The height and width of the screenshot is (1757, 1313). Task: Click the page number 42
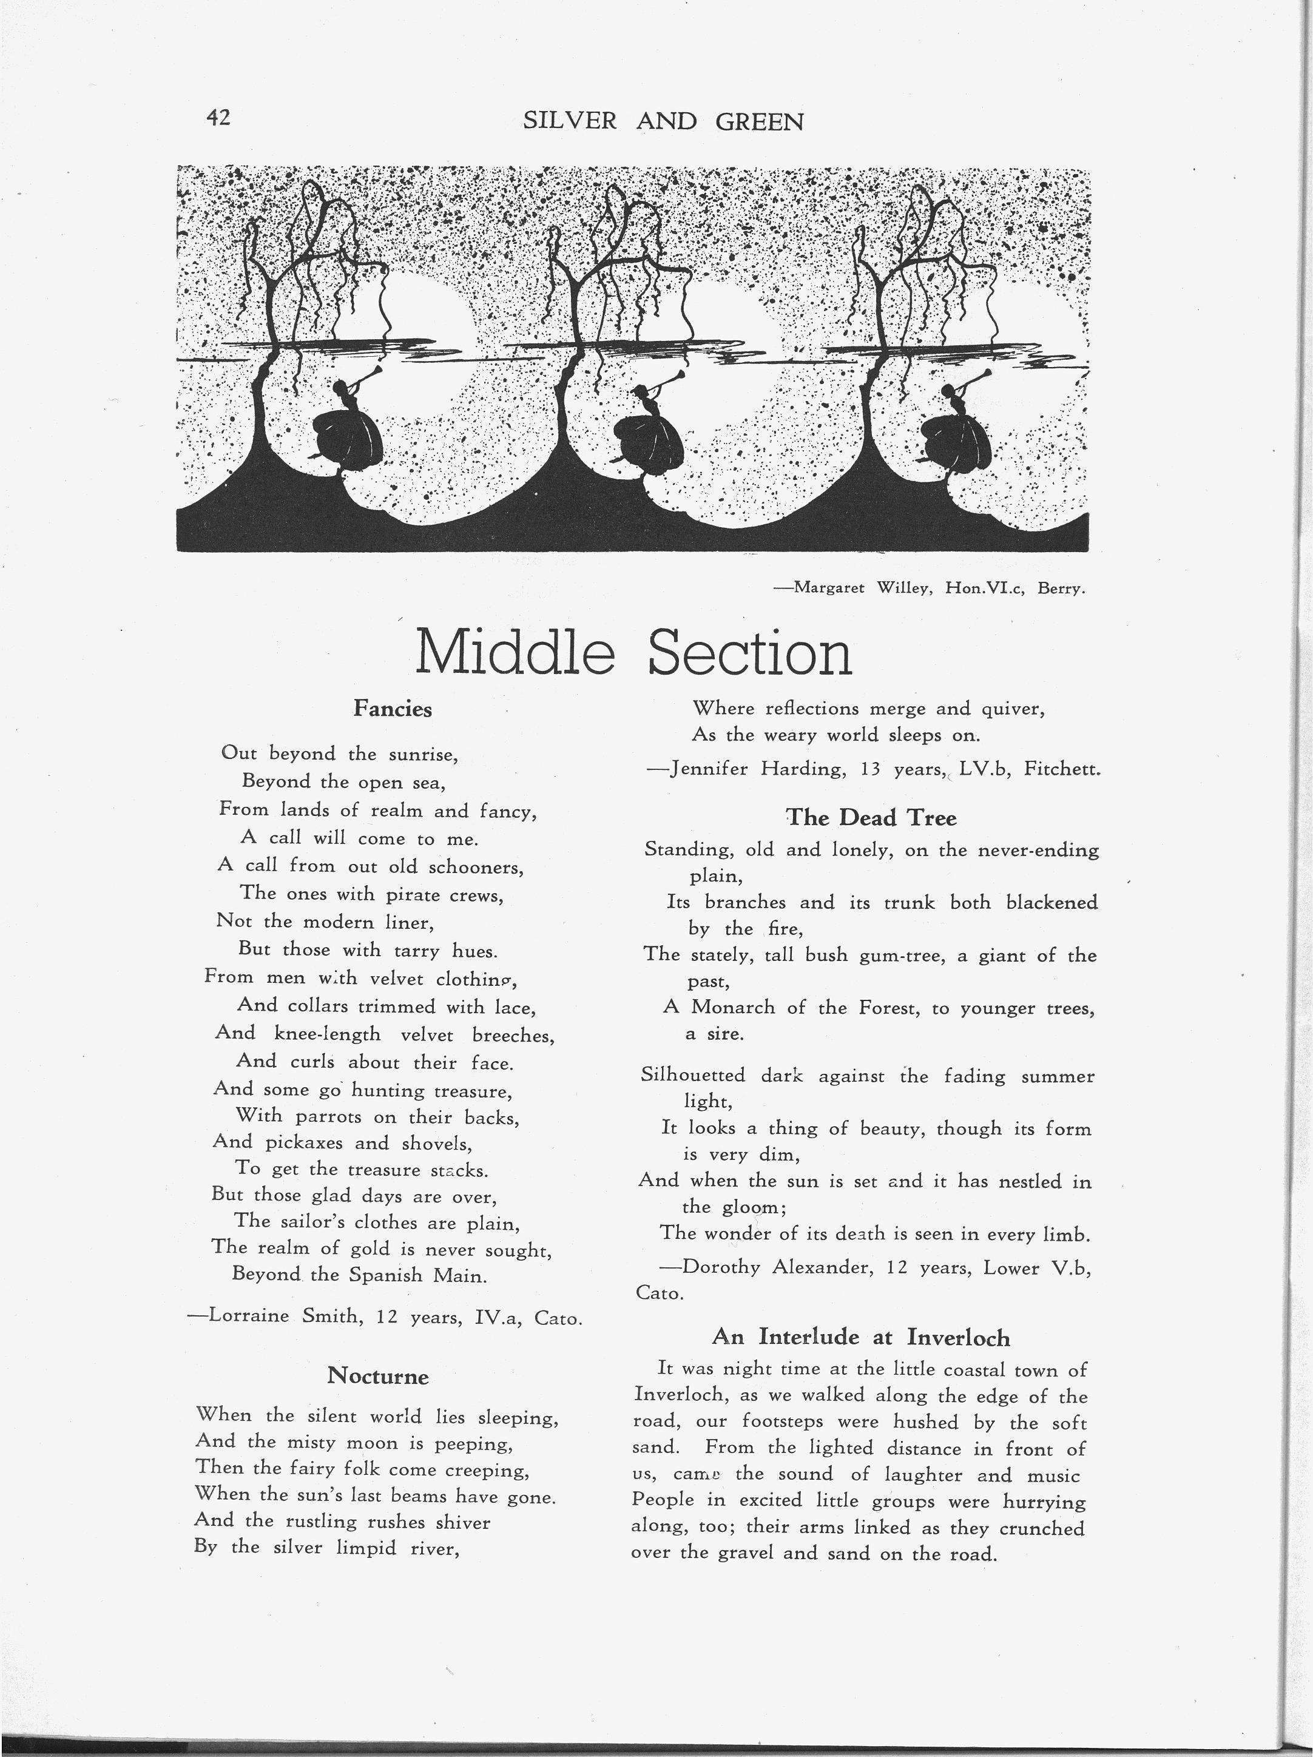[x=218, y=118]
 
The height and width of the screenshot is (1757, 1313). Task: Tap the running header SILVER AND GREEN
[x=663, y=121]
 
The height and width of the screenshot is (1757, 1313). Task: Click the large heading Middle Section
[x=633, y=653]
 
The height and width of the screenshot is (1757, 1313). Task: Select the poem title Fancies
[x=393, y=709]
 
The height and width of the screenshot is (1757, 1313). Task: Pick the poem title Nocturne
[x=378, y=1376]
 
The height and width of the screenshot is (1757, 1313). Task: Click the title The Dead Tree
[x=871, y=817]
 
